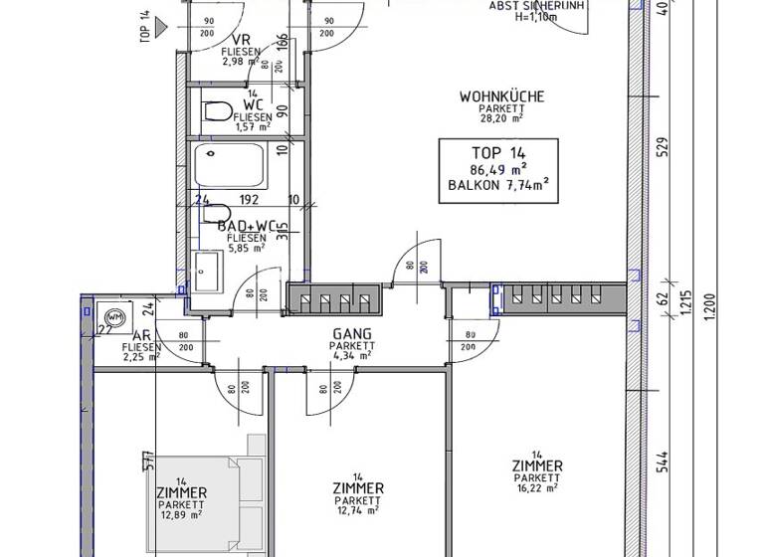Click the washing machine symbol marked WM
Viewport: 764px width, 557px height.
(x=113, y=316)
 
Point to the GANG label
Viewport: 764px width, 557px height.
(x=352, y=334)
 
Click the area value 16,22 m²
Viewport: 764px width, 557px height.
(x=536, y=488)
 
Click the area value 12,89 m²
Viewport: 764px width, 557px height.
(x=181, y=515)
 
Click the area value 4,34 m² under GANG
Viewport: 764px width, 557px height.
(x=351, y=355)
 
